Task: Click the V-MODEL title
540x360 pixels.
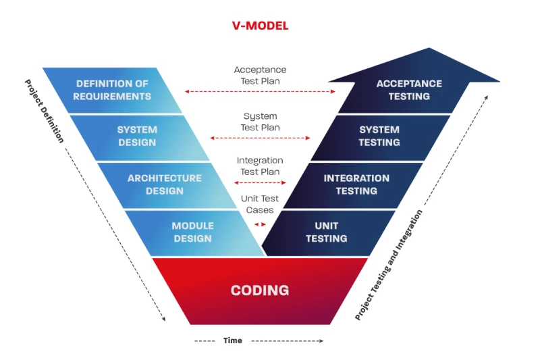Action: pyautogui.click(x=260, y=26)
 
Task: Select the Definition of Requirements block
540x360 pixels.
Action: pyautogui.click(x=113, y=90)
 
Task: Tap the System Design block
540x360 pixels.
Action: pyautogui.click(x=137, y=136)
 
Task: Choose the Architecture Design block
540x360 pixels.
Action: pyautogui.click(x=164, y=184)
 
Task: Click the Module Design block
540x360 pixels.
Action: pyautogui.click(x=192, y=232)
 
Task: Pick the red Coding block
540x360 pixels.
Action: pyautogui.click(x=260, y=290)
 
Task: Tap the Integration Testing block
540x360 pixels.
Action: pyautogui.click(x=356, y=184)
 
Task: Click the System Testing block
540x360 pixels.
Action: pyautogui.click(x=379, y=136)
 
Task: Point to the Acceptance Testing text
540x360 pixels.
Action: pyautogui.click(x=409, y=90)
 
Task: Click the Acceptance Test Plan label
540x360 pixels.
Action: pyautogui.click(x=260, y=75)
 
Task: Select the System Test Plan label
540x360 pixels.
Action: pyautogui.click(x=260, y=122)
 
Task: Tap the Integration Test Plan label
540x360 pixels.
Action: pyautogui.click(x=260, y=166)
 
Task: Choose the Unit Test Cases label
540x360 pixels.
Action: pyautogui.click(x=260, y=204)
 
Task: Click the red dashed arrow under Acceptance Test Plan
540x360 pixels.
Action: pyautogui.click(x=260, y=91)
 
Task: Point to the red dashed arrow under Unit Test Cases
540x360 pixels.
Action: pyautogui.click(x=260, y=224)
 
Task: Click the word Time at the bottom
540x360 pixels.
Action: pyautogui.click(x=233, y=340)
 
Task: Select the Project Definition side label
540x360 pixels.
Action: pyautogui.click(x=45, y=111)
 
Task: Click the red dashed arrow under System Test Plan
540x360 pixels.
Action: pyautogui.click(x=260, y=138)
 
